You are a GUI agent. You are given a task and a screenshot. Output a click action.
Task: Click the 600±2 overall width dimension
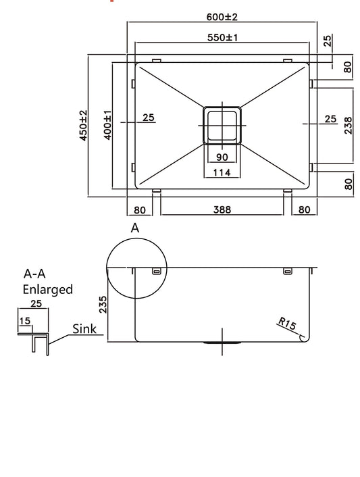222,15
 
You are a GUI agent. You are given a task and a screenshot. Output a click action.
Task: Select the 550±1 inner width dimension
222,37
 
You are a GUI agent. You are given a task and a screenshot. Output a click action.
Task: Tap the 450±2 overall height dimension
83,126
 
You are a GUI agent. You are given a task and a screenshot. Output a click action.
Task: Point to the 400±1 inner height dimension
107,126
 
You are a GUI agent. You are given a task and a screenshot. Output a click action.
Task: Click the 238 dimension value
348,126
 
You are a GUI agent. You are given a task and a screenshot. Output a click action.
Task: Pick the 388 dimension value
222,209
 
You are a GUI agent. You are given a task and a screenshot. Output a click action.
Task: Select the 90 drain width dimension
222,157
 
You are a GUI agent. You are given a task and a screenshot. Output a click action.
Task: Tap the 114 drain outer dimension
222,173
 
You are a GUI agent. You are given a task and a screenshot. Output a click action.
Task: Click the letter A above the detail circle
135,228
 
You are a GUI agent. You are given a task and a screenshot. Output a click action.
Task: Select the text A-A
35,274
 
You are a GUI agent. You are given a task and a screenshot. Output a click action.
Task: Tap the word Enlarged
47,289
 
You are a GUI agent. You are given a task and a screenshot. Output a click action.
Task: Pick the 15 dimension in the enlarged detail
25,321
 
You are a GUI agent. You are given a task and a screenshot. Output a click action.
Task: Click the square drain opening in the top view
222,126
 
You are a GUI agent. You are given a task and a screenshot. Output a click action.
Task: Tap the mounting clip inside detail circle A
157,272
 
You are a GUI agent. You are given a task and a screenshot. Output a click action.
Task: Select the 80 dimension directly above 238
348,67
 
